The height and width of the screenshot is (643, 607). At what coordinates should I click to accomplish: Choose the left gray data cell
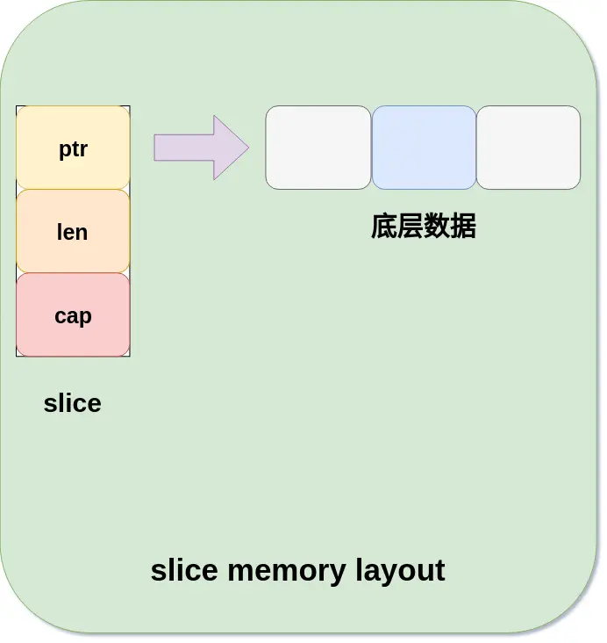[x=318, y=148]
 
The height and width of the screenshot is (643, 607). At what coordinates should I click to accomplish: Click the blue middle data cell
[x=424, y=148]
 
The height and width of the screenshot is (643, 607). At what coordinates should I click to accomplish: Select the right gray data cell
[x=528, y=148]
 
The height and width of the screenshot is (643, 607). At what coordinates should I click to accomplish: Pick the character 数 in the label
[x=437, y=227]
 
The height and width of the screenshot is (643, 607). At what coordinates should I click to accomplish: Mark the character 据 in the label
[x=463, y=227]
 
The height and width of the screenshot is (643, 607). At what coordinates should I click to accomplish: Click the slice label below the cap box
[x=72, y=403]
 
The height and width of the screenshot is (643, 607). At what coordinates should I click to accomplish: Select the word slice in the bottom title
[x=184, y=570]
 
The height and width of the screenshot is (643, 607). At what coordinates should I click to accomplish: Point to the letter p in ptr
[x=64, y=150]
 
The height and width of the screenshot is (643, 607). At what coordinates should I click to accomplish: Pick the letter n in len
[x=82, y=233]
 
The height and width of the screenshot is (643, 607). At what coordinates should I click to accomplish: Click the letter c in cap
[x=60, y=316]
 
